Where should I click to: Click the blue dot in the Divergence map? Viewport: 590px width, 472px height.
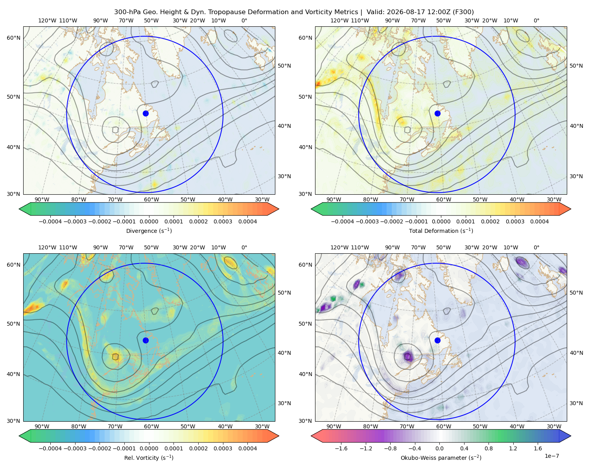(x=146, y=113)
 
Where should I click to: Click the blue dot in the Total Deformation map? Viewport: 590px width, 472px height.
(x=437, y=113)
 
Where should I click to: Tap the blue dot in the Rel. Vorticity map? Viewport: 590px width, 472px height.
(x=146, y=340)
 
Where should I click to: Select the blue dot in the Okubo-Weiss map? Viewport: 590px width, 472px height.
(x=437, y=340)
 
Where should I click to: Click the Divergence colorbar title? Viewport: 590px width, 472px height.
(x=149, y=230)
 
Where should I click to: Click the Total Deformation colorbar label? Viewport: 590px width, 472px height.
(x=441, y=230)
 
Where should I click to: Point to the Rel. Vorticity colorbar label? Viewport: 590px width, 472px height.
(x=149, y=457)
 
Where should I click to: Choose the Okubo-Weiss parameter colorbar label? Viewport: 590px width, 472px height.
(x=441, y=457)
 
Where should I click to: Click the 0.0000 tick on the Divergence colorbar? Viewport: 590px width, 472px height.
(x=149, y=221)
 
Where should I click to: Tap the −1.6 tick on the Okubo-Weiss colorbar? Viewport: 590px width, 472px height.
(x=341, y=448)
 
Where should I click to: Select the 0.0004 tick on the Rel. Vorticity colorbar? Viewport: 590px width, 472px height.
(x=247, y=448)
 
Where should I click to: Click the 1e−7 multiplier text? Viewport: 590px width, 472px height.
(x=551, y=456)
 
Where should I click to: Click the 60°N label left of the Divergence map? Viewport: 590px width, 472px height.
(x=13, y=38)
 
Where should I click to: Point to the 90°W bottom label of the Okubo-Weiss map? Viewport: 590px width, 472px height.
(x=334, y=426)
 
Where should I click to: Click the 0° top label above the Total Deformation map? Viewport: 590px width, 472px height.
(x=536, y=20)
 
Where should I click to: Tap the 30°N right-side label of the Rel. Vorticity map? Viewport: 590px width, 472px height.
(x=284, y=403)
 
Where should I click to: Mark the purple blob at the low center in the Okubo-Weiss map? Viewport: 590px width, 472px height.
(x=408, y=356)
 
